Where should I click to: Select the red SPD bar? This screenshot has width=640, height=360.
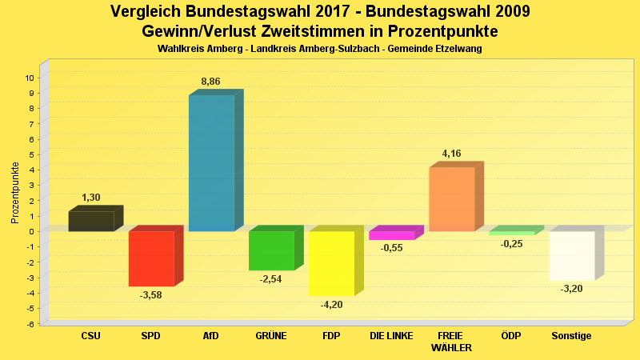pyautogui.click(x=151, y=258)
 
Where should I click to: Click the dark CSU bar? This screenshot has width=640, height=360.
pyautogui.click(x=91, y=221)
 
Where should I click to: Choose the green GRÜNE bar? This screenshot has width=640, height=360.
pyautogui.click(x=271, y=250)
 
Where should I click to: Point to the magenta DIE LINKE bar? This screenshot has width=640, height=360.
pyautogui.click(x=392, y=235)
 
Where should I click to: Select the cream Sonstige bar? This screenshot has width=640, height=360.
pyautogui.click(x=572, y=255)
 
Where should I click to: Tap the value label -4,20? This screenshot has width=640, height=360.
pyautogui.click(x=330, y=304)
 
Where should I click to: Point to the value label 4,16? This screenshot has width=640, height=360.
pyautogui.click(x=451, y=154)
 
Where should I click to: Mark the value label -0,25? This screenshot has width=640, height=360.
pyautogui.click(x=511, y=244)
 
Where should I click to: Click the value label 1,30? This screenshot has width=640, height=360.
pyautogui.click(x=91, y=198)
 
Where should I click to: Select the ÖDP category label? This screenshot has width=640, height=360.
pyautogui.click(x=510, y=336)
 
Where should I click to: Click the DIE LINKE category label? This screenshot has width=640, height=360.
pyautogui.click(x=391, y=336)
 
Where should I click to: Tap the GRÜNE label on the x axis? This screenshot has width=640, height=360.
pyautogui.click(x=271, y=336)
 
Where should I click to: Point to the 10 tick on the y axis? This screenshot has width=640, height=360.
pyautogui.click(x=29, y=78)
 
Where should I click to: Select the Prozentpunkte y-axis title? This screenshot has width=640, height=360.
pyautogui.click(x=15, y=192)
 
